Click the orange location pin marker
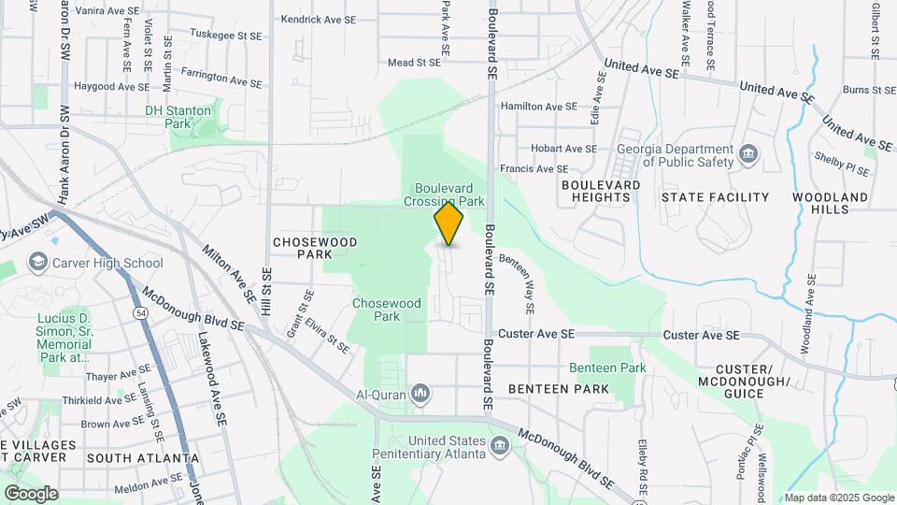tap(449, 224)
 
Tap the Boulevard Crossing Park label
tap(444, 194)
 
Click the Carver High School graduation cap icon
tap(38, 262)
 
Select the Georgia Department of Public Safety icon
tap(747, 153)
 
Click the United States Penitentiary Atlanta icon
tap(499, 445)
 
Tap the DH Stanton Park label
tap(178, 116)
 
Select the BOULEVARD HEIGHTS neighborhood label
tap(601, 191)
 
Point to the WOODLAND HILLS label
tap(830, 203)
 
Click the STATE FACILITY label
tap(715, 197)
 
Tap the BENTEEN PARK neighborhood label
tap(559, 388)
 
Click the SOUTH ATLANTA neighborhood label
tap(142, 458)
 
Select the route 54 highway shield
tap(139, 311)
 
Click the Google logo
tap(30, 493)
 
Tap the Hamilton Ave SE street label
tap(539, 107)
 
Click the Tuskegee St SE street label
tap(224, 34)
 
